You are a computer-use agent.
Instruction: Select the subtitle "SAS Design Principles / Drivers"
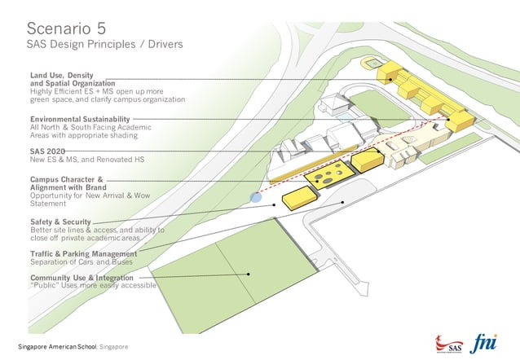coord(105,43)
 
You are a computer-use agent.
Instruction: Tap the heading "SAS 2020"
coord(47,151)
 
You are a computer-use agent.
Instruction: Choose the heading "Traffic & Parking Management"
coord(83,254)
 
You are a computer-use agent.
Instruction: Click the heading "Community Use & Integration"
coord(82,278)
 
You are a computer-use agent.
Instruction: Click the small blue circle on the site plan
coord(256,197)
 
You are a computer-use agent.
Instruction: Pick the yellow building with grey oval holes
coord(327,173)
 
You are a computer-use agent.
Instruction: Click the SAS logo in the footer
coord(449,342)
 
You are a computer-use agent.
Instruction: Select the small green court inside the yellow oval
coord(372,63)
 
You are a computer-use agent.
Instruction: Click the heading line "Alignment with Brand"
coord(66,187)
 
